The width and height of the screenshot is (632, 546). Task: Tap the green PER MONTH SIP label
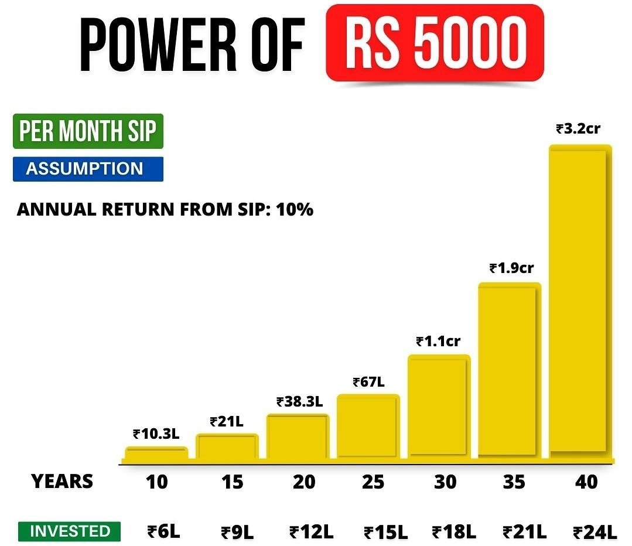(x=88, y=132)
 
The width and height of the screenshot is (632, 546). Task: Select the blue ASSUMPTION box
(x=88, y=169)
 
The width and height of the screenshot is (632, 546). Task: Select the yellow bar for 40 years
(x=580, y=302)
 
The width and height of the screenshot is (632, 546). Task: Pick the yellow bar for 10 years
(x=156, y=453)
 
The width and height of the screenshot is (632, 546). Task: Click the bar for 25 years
(x=368, y=426)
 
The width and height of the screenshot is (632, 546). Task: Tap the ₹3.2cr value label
(x=578, y=128)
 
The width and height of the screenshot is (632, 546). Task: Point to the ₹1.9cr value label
(x=511, y=268)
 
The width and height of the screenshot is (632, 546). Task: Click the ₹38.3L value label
(x=299, y=402)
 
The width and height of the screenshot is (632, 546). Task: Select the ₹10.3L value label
(x=156, y=434)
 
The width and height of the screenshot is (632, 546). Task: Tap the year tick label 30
(x=445, y=482)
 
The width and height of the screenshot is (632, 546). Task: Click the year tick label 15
(x=233, y=482)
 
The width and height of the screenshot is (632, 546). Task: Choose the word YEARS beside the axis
(x=62, y=482)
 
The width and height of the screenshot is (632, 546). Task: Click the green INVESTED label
(x=70, y=531)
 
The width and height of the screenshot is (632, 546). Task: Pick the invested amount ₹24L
(x=595, y=533)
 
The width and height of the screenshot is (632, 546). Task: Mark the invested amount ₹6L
(x=163, y=532)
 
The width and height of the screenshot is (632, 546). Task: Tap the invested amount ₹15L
(x=385, y=533)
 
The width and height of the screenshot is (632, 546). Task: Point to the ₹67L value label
(x=368, y=382)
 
